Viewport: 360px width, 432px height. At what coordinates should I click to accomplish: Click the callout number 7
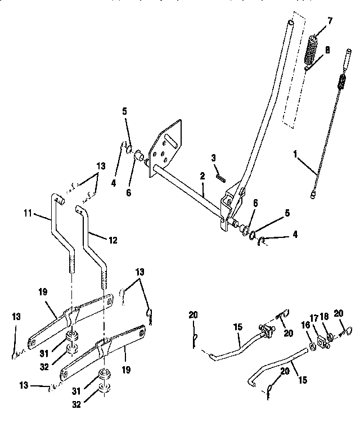tap(329, 21)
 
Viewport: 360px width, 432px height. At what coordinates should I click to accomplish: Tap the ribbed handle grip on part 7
tap(312, 49)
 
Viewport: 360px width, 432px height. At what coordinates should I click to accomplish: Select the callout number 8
tap(327, 49)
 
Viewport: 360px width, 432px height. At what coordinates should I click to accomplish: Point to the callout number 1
tap(296, 152)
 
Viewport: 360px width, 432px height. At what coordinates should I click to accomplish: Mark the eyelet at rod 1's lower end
tap(313, 195)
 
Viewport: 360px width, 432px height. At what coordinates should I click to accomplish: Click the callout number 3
tap(214, 158)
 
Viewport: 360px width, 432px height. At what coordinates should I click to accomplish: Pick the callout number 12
tap(113, 240)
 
